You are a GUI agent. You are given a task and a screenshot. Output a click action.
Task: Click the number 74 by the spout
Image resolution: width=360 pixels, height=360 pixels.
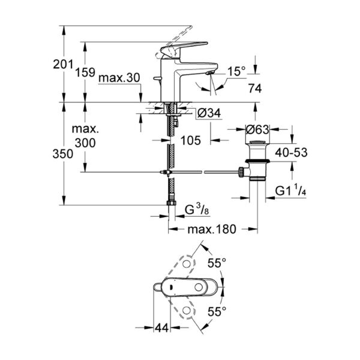pyautogui.click(x=254, y=88)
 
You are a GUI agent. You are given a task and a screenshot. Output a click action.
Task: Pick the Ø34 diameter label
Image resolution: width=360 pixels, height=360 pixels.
pyautogui.click(x=208, y=113)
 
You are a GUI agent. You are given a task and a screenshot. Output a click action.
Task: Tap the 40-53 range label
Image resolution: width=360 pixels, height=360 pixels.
pyautogui.click(x=293, y=152)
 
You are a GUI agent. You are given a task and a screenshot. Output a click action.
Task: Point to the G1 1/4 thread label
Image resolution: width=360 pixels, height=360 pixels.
pyautogui.click(x=292, y=191)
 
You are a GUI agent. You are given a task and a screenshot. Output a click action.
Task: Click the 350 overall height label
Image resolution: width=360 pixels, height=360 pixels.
pyautogui.click(x=63, y=153)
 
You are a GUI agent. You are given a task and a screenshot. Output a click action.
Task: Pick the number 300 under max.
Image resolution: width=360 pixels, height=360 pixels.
pyautogui.click(x=85, y=143)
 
